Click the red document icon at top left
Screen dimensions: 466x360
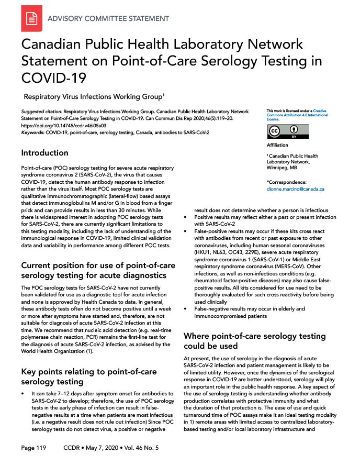[31, 18]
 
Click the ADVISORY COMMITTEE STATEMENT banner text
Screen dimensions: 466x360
[108, 19]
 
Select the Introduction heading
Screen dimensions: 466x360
[44, 153]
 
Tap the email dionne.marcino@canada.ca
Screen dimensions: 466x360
[295, 188]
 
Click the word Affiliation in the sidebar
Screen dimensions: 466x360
[277, 145]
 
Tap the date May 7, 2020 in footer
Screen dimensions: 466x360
[99, 448]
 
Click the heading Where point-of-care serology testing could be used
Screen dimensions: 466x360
[254, 341]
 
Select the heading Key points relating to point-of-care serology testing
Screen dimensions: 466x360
[88, 377]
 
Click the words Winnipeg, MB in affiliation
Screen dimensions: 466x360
[284, 169]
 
